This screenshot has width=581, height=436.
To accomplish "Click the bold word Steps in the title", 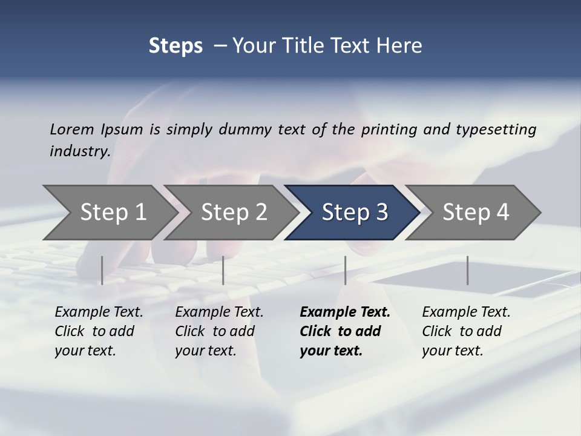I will pyautogui.click(x=176, y=46).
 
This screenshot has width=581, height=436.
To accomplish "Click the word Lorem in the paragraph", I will pyautogui.click(x=71, y=129).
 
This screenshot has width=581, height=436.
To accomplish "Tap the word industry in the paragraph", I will pyautogui.click(x=80, y=151).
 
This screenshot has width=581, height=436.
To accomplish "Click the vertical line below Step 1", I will pyautogui.click(x=102, y=270).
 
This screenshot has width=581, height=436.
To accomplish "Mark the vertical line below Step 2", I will pyautogui.click(x=223, y=270).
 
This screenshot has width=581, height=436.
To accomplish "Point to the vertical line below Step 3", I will pyautogui.click(x=345, y=270).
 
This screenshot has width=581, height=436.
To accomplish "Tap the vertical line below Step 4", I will pyautogui.click(x=467, y=270).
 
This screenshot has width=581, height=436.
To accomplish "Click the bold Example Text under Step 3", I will pyautogui.click(x=345, y=312).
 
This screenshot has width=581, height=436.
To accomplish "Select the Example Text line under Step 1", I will pyautogui.click(x=99, y=312).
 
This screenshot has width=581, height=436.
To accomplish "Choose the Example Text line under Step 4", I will pyautogui.click(x=466, y=312).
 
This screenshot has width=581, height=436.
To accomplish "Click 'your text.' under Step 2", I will pyautogui.click(x=206, y=351).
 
